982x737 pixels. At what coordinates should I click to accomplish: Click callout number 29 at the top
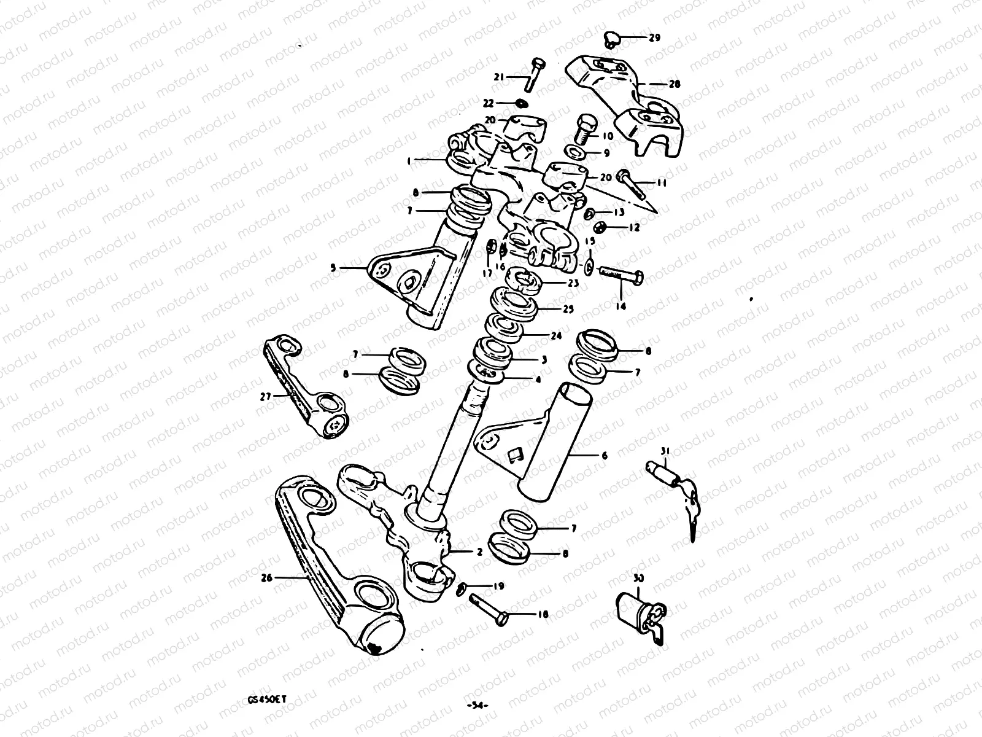pos(654,38)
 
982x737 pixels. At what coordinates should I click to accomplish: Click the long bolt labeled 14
pos(620,275)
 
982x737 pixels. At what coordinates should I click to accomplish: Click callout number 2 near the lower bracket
pos(479,552)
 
